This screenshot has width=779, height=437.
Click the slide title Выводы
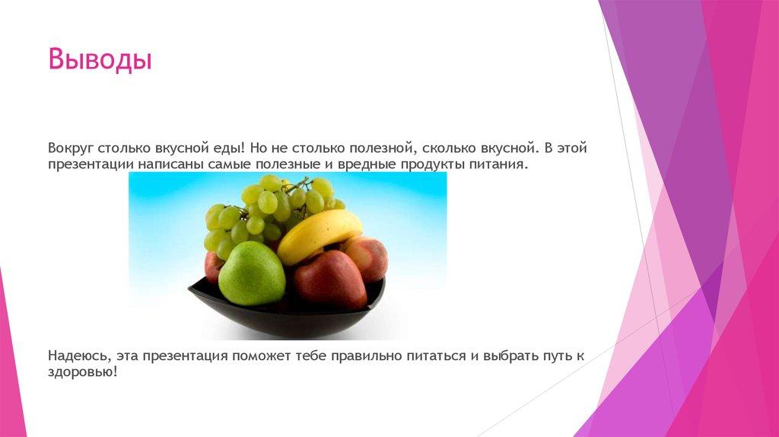[100, 59]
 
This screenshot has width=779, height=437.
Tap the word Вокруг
[70, 148]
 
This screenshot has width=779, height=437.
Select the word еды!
[227, 148]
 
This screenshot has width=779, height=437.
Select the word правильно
[369, 356]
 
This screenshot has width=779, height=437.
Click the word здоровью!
[82, 373]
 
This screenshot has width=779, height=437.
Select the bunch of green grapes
[266, 209]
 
